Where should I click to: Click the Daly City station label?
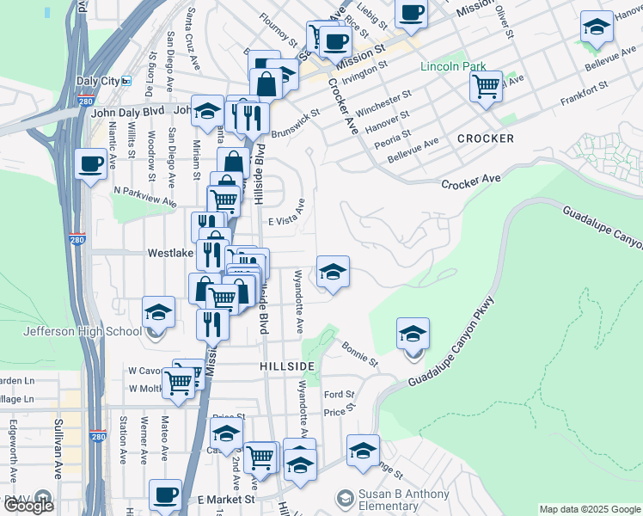tap(97, 81)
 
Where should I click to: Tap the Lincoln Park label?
tap(453, 66)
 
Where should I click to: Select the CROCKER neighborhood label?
tap(486, 138)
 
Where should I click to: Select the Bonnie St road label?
tap(360, 353)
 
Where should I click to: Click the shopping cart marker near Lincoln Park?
tap(487, 86)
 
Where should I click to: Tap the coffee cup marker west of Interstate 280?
tap(90, 163)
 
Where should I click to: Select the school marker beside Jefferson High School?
tap(158, 313)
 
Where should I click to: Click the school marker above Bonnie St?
tap(413, 333)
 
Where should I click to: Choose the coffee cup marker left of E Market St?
tap(165, 494)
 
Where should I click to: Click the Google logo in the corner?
tap(28, 506)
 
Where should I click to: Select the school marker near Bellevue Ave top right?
tap(597, 28)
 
